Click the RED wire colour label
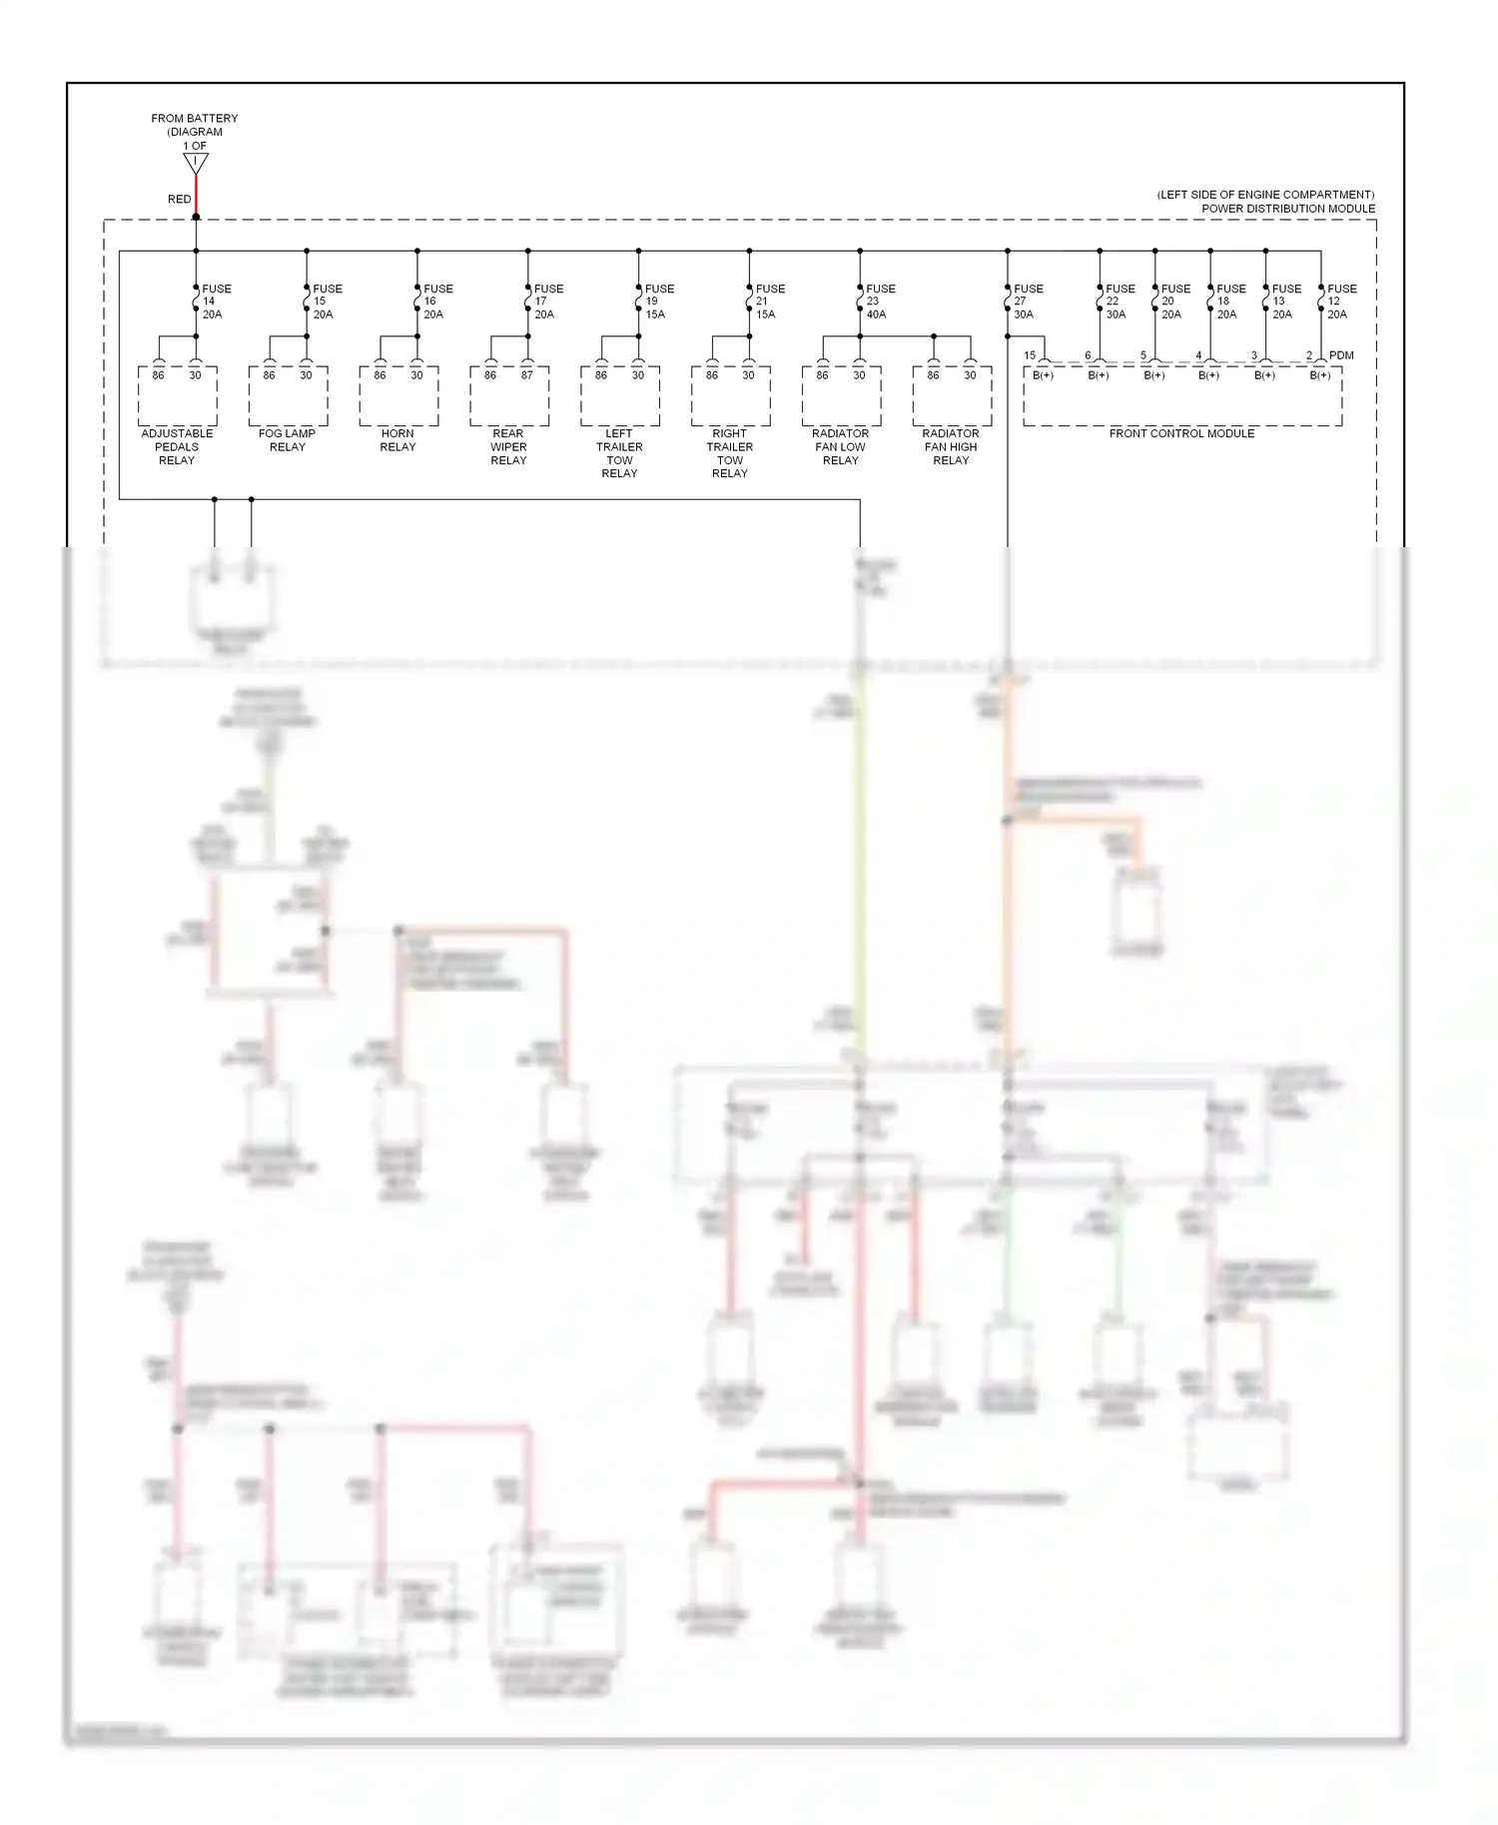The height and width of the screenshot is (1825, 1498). point(179,199)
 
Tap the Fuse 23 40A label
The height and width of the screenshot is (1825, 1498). point(880,302)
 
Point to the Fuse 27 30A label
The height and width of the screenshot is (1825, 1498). point(1028,302)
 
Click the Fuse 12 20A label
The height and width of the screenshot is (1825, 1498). point(1340,302)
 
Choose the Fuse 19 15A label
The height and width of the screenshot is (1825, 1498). point(658,302)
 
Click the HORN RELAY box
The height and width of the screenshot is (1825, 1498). point(398,396)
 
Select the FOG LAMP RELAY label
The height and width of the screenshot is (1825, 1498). point(287,440)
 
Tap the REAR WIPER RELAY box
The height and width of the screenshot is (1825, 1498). point(509,396)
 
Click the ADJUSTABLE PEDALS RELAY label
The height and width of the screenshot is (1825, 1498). point(177,446)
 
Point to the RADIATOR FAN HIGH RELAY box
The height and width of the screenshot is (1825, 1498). point(952,396)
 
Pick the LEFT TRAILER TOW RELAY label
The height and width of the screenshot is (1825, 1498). point(619,453)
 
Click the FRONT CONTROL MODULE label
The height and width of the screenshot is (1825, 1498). point(1181,433)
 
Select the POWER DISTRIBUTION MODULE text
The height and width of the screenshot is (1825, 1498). point(1287,209)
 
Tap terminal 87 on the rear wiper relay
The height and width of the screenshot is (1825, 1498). point(527,375)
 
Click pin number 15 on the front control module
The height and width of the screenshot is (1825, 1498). point(1030,355)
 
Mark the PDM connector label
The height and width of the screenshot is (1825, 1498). point(1341,355)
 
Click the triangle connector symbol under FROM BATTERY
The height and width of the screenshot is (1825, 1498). point(196,163)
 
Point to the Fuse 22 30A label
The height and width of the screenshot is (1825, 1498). point(1119,302)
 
